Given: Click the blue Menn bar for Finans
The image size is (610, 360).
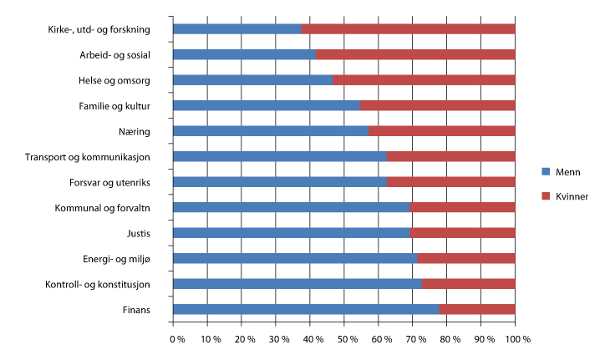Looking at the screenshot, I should click(x=305, y=310).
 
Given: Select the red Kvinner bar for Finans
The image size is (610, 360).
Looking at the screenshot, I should click(x=477, y=310).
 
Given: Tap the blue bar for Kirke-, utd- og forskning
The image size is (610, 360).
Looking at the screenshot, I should click(x=236, y=29).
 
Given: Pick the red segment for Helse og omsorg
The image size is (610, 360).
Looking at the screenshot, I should click(x=424, y=80).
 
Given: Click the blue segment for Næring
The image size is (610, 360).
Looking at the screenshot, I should click(x=271, y=131).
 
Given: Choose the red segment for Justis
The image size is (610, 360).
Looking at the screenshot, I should click(x=463, y=233).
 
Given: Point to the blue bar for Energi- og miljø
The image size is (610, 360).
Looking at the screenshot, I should click(x=295, y=259).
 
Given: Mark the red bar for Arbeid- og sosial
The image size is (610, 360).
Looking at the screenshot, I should click(x=415, y=55).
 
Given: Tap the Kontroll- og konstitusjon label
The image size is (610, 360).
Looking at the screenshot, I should click(x=99, y=285).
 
